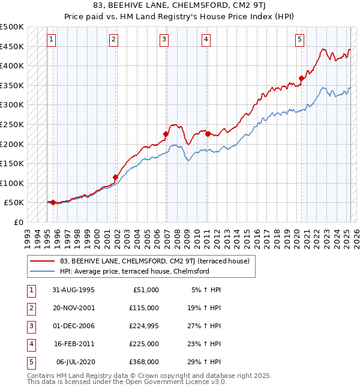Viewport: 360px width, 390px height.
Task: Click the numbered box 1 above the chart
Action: [x=52, y=40]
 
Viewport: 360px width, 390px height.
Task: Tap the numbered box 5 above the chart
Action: [x=299, y=40]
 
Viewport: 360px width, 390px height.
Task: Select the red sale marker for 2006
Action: [x=166, y=134]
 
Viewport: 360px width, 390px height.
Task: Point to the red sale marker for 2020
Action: [x=301, y=78]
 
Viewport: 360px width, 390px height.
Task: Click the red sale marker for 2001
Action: [x=115, y=177]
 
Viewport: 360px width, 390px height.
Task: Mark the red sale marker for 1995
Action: [x=53, y=202]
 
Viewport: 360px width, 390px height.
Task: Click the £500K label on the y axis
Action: [x=12, y=27]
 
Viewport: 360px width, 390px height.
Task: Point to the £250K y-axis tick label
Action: [x=12, y=124]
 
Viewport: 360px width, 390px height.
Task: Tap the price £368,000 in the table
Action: [x=143, y=362]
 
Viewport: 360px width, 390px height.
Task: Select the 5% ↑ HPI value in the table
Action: [x=206, y=290]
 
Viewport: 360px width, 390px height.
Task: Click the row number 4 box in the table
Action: [x=30, y=344]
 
